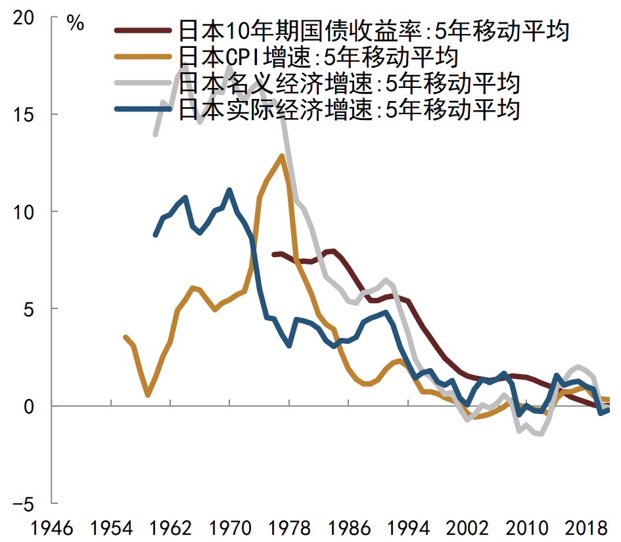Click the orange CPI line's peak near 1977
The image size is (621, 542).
click(x=282, y=156)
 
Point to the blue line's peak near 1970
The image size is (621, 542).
click(x=229, y=190)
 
